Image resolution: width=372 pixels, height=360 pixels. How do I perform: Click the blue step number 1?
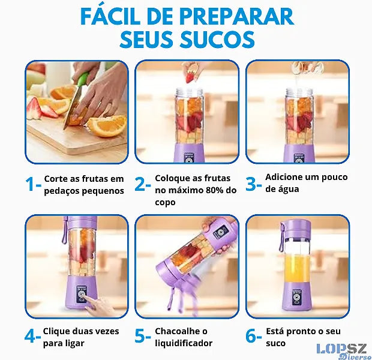31,184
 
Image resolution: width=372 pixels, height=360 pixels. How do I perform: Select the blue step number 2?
140,184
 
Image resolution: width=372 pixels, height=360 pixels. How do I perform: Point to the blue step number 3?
251,184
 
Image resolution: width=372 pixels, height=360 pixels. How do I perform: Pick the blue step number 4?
29,336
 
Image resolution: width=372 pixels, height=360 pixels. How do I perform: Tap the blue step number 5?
140,336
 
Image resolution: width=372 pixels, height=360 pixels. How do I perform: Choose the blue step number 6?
251,336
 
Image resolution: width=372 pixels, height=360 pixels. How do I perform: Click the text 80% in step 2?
211,190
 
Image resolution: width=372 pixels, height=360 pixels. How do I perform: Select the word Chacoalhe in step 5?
178,331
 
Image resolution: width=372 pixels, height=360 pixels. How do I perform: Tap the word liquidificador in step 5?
184,343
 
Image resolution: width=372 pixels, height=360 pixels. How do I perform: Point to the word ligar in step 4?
76,343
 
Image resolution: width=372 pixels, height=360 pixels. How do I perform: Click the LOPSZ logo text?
341,349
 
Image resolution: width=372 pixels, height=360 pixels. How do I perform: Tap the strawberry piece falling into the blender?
190,77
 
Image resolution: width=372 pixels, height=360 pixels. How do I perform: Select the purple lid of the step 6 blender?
296,226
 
